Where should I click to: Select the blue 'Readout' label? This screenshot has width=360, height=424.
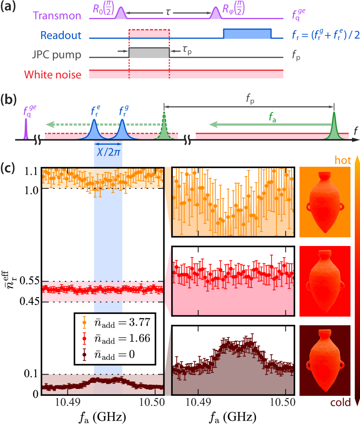click(x=62, y=36)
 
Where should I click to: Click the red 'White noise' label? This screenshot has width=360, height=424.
click(x=53, y=74)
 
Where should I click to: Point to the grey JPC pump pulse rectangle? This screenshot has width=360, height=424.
click(x=149, y=53)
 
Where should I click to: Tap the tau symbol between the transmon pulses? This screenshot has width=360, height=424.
click(x=168, y=13)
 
